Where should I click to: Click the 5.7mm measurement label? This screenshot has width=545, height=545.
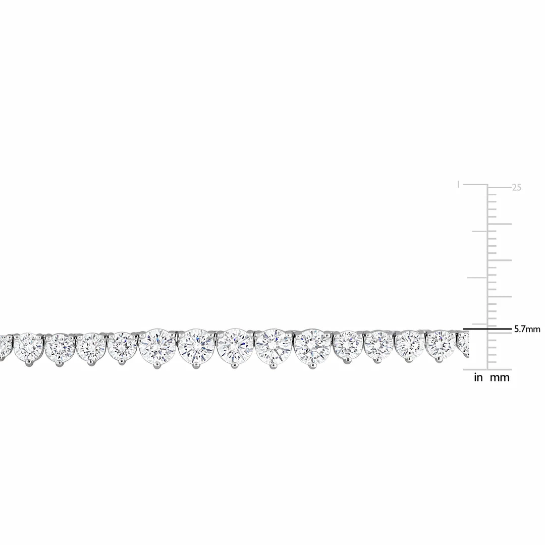pos(527,329)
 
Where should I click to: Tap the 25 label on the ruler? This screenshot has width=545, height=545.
pos(517,187)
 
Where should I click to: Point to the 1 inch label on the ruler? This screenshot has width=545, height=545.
pos(458,184)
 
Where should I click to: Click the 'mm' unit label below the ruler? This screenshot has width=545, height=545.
pos(500,378)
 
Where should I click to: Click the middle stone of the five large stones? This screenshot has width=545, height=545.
pos(235,346)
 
